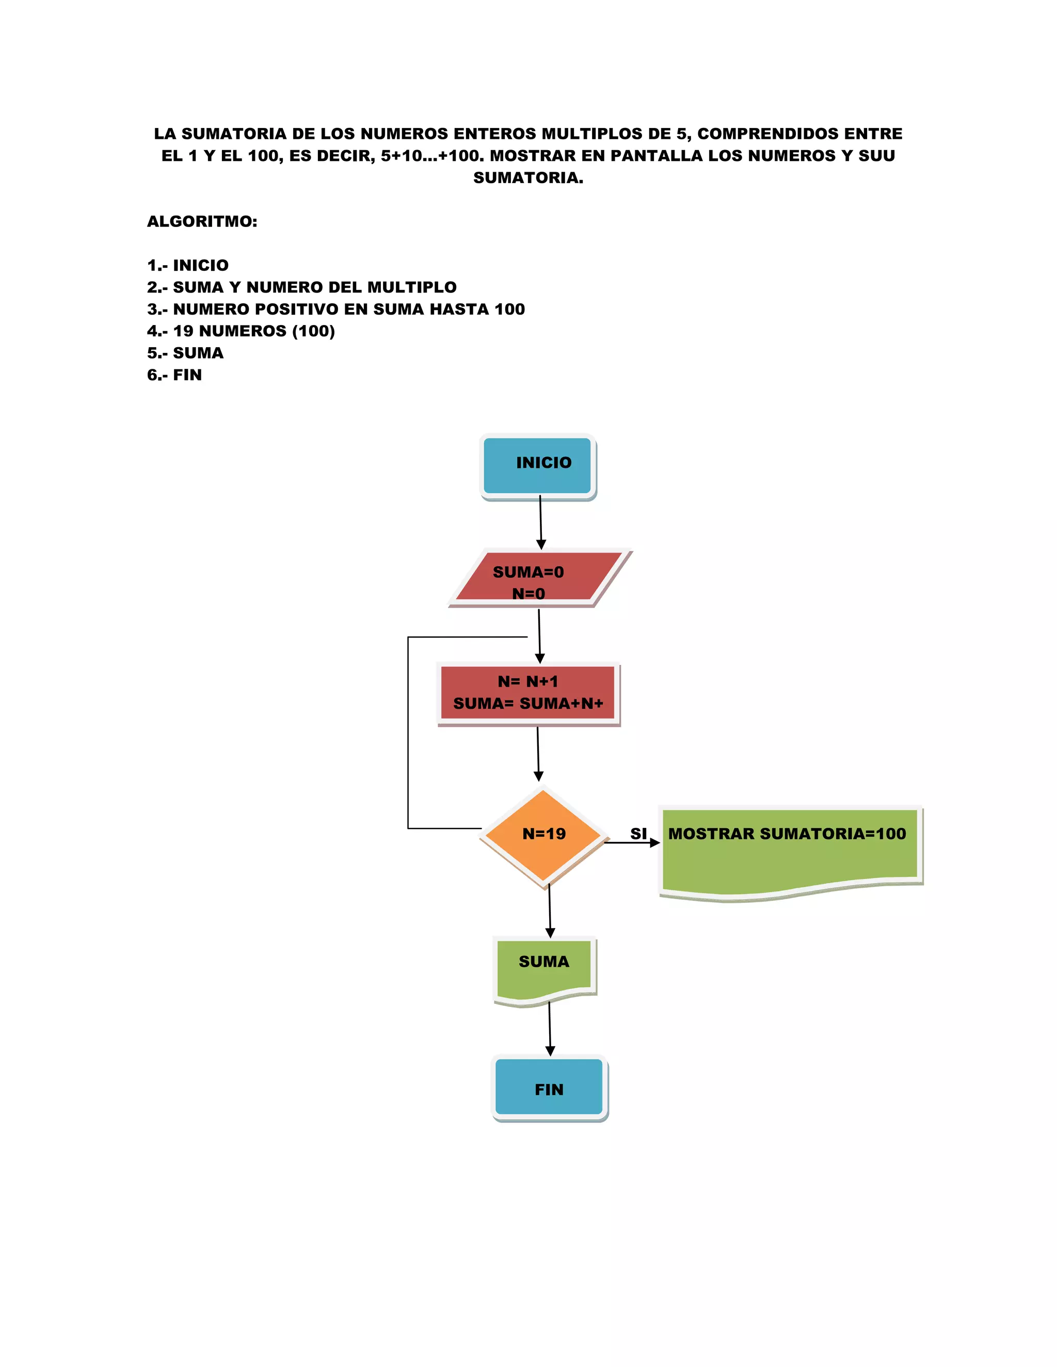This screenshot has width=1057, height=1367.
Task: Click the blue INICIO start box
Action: (x=537, y=466)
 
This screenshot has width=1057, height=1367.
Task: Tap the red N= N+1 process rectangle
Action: (x=528, y=693)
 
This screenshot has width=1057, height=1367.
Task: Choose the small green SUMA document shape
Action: (x=543, y=968)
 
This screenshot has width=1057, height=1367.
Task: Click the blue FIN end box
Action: (x=549, y=1088)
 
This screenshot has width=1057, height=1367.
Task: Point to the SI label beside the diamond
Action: (x=638, y=833)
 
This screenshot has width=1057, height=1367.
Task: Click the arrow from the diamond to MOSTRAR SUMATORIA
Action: (x=631, y=842)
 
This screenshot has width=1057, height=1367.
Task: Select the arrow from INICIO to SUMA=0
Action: (x=540, y=522)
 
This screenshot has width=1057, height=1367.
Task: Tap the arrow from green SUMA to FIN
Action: (x=550, y=1029)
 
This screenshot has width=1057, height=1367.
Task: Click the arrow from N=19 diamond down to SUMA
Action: (x=550, y=910)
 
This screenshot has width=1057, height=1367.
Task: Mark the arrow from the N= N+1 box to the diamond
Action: (x=538, y=753)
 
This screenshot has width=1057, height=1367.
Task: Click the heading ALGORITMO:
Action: (x=202, y=222)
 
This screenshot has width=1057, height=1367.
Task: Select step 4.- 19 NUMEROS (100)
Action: (x=241, y=331)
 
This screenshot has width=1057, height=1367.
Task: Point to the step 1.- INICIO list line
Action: (x=188, y=265)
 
